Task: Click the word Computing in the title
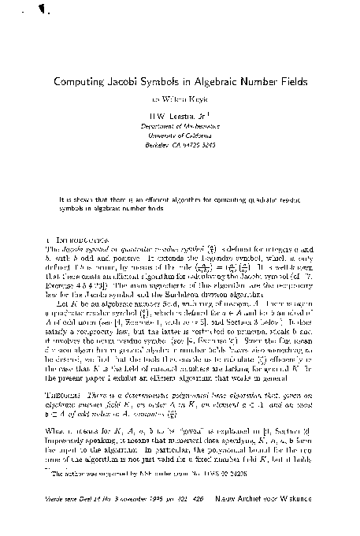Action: click(84, 81)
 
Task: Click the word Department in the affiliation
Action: click(165, 125)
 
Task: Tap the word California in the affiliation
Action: click(197, 135)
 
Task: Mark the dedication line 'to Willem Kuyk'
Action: click(180, 99)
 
